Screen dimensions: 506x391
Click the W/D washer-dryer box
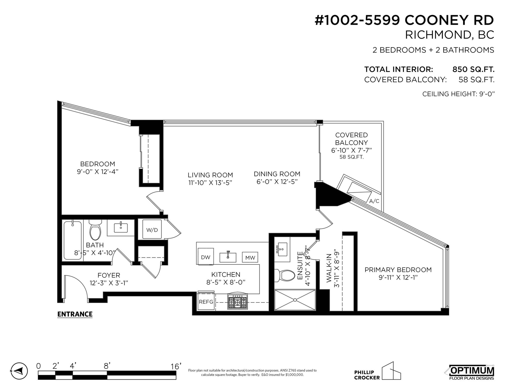[152, 229]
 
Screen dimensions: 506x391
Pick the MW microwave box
[250, 257]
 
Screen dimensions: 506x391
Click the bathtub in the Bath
[72, 240]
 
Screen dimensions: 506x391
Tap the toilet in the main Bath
[95, 230]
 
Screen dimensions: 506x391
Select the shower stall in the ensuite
[295, 300]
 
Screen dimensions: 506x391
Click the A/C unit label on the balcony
[374, 201]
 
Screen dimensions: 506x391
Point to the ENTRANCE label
[75, 314]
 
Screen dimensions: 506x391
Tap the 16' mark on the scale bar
[176, 366]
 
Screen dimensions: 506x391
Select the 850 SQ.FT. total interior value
[473, 70]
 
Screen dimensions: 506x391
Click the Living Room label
[210, 175]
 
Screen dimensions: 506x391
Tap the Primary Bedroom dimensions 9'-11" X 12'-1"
[398, 277]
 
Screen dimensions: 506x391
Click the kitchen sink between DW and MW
[228, 257]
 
